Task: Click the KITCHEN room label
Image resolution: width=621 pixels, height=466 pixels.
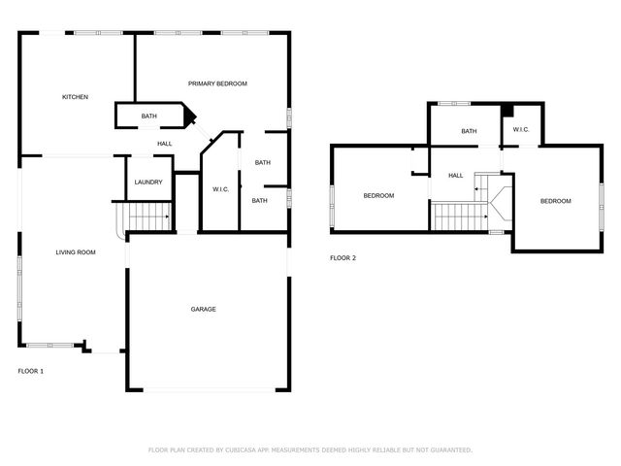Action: click(76, 97)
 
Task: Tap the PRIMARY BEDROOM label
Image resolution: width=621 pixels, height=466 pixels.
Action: click(217, 84)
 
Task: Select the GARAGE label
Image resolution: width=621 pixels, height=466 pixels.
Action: click(203, 310)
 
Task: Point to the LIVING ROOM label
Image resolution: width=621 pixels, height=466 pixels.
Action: click(76, 252)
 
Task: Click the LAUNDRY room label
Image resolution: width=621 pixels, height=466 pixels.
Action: click(148, 182)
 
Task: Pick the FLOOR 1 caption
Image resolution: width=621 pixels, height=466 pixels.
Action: click(31, 371)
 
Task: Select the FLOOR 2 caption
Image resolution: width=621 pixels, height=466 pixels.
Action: click(343, 258)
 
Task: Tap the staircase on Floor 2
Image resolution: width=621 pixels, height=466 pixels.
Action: click(457, 216)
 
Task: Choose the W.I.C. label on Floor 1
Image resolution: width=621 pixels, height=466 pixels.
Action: click(220, 189)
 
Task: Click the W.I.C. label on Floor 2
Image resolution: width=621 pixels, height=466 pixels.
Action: click(520, 130)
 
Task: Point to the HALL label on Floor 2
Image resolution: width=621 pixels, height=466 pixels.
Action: click(455, 176)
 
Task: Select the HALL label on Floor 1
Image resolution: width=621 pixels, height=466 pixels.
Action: click(165, 145)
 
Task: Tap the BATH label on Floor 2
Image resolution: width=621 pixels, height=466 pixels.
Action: click(469, 131)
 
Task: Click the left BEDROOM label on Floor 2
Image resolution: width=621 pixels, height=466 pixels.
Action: click(378, 196)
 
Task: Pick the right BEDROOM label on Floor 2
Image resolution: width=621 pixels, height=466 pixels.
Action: click(556, 201)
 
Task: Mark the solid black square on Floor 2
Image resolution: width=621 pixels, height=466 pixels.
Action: click(507, 109)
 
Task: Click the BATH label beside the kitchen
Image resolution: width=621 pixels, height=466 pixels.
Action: click(148, 116)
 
